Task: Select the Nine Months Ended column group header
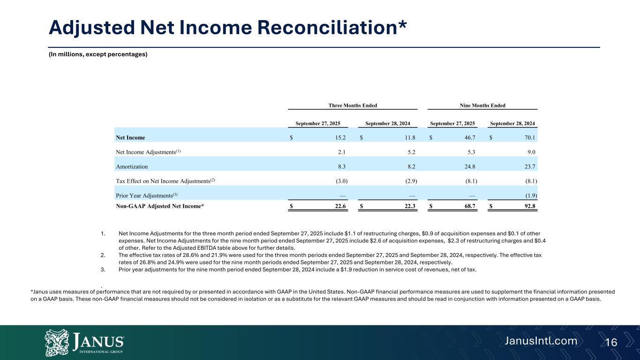point(483,105)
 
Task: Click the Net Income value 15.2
point(340,138)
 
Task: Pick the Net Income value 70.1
point(530,138)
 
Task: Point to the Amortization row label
point(132,166)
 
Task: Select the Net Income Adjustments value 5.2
point(411,152)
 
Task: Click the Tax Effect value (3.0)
point(340,181)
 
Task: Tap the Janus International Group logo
point(84,342)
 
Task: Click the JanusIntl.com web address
point(541,341)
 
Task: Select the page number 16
point(611,343)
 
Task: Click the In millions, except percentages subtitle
point(98,54)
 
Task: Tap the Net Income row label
point(130,138)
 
